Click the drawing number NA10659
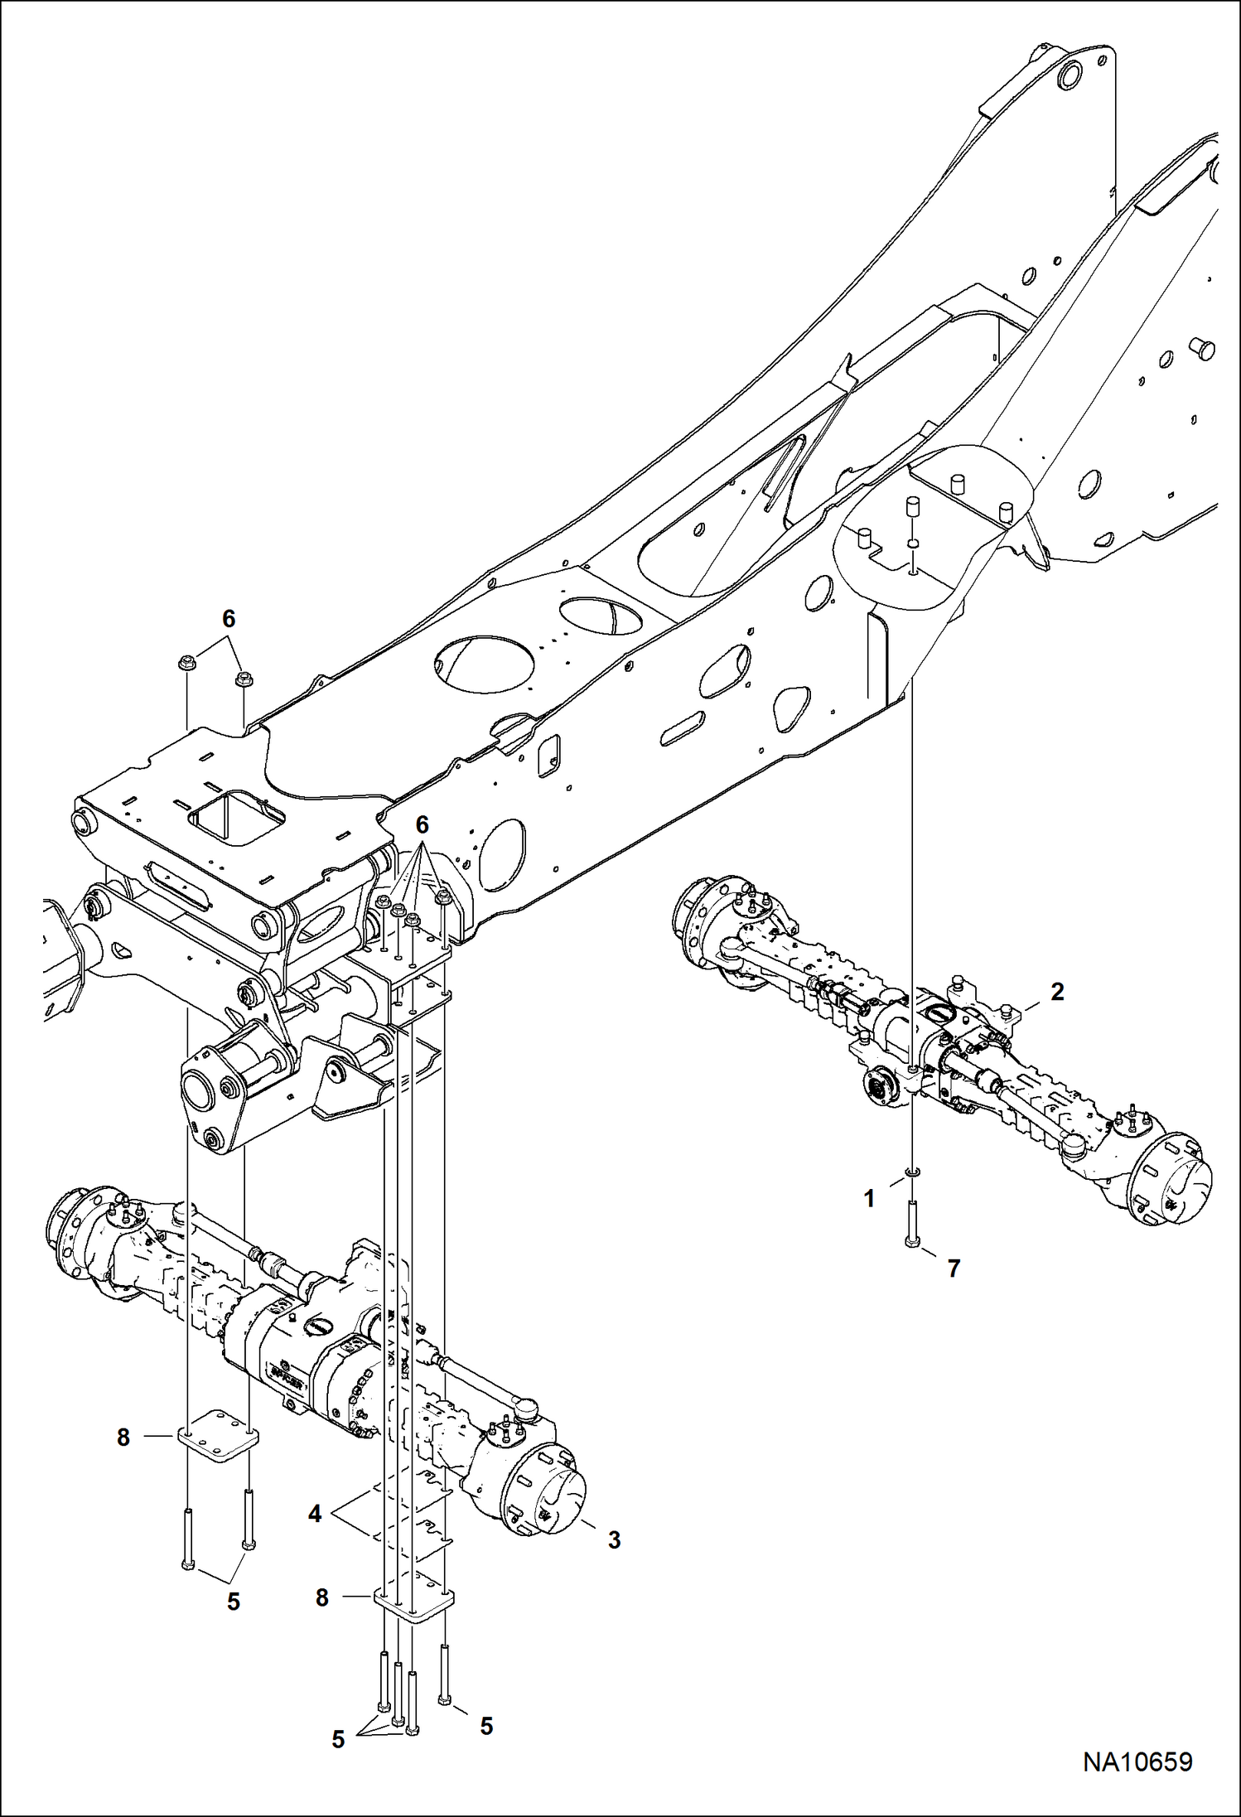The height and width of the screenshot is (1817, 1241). click(x=1138, y=1761)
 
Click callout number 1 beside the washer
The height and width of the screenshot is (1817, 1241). click(x=869, y=1199)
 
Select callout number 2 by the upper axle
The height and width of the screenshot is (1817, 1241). click(x=1057, y=991)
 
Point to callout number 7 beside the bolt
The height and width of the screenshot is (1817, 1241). click(x=954, y=1268)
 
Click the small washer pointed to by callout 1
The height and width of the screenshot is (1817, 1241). click(x=912, y=1172)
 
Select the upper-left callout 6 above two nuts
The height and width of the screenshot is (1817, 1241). click(x=229, y=618)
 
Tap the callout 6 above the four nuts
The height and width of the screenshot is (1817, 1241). click(x=423, y=824)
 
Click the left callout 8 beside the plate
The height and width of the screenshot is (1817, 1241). click(x=123, y=1438)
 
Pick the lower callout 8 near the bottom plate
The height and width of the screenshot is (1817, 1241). click(x=322, y=1597)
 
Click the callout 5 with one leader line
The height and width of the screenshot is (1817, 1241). click(x=486, y=1726)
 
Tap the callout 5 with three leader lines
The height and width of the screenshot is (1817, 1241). click(x=338, y=1739)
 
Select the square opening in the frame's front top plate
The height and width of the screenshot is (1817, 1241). click(x=236, y=817)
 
